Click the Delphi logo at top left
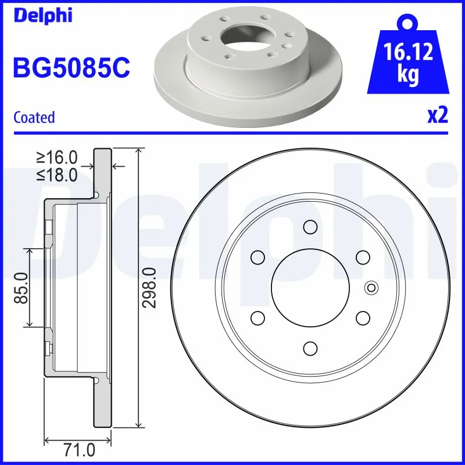click(x=42, y=15)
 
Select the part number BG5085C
click(x=71, y=68)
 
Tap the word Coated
click(x=34, y=117)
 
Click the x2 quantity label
click(x=438, y=116)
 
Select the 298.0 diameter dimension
click(x=150, y=288)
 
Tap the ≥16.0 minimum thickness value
click(x=57, y=158)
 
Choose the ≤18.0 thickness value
click(x=57, y=174)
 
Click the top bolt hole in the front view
click(x=310, y=226)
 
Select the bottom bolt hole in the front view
click(x=310, y=348)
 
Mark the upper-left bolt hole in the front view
click(x=257, y=256)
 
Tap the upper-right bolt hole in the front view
click(x=363, y=256)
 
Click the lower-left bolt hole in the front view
click(x=257, y=317)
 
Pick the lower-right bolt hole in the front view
click(x=363, y=317)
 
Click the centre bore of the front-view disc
click(x=310, y=287)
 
